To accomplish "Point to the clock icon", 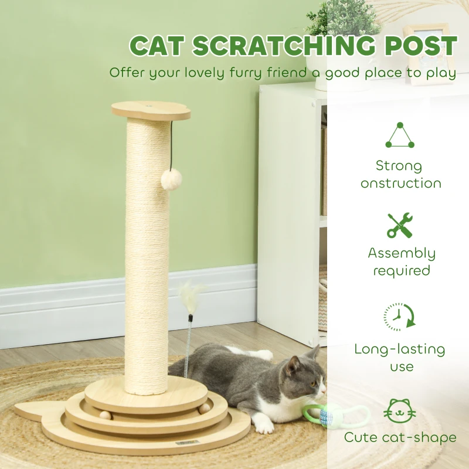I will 400,317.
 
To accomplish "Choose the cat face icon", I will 400,410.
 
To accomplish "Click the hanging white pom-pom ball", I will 171,179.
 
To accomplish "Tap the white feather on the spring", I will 190,293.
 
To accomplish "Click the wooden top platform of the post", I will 151,110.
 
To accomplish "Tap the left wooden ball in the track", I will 105,415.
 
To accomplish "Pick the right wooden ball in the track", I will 203,408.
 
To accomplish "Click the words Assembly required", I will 401,261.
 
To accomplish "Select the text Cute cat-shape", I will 401,437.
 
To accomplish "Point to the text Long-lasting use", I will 400,358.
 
